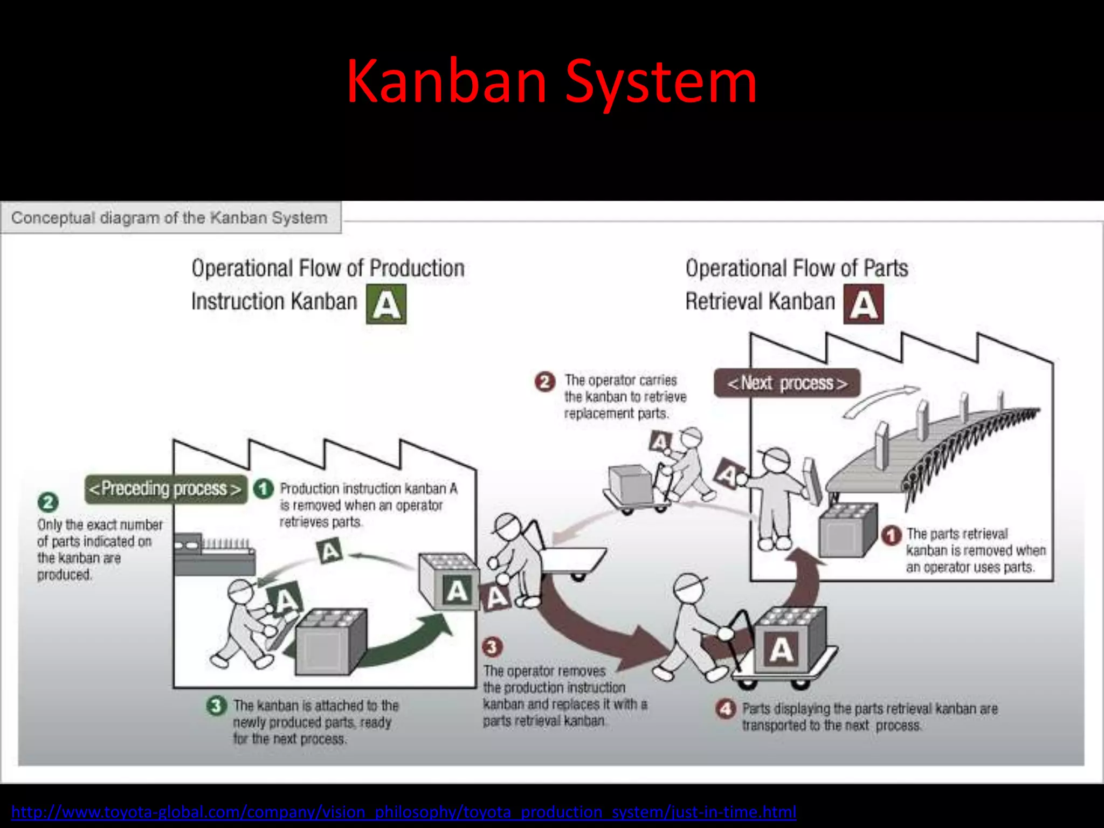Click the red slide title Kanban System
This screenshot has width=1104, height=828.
tap(551, 82)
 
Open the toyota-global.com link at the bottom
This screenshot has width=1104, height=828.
tap(403, 812)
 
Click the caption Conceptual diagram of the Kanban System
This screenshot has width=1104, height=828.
tap(169, 218)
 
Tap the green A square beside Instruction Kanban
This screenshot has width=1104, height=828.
tap(386, 304)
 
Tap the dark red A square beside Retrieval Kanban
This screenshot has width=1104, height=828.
tap(864, 304)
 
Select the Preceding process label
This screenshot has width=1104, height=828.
tap(165, 489)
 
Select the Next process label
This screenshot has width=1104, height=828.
tap(787, 383)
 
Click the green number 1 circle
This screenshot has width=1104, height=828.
tap(264, 489)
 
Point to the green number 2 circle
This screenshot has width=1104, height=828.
tap(48, 502)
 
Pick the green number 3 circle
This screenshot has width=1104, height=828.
tap(216, 706)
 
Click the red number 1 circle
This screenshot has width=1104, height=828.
tap(892, 535)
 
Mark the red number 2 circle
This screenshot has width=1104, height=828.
tap(545, 382)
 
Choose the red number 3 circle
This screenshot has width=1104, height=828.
tap(492, 646)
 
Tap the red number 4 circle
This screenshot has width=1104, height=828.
tap(726, 708)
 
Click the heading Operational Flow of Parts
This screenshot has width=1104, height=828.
tap(796, 268)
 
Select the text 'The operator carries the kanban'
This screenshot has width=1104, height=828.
tap(625, 388)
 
